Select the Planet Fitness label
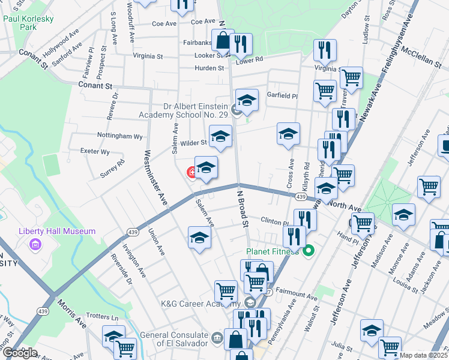272,251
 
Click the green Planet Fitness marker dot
309,251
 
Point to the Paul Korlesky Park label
28,23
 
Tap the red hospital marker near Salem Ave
192,173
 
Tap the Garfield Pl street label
282,96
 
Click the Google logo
20,352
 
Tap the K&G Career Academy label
202,303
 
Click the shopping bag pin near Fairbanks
222,41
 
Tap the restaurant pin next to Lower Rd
241,44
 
